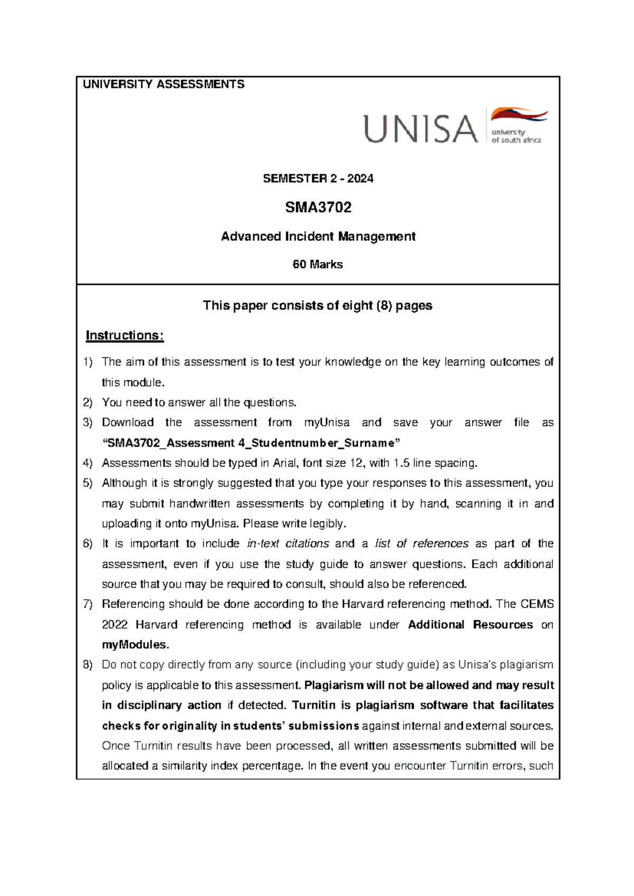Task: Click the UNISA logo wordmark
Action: click(x=421, y=129)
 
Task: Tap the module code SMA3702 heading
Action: click(x=318, y=207)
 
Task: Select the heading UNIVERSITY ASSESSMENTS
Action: click(x=164, y=85)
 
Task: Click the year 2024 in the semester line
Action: click(x=360, y=179)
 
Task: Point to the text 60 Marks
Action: click(x=318, y=264)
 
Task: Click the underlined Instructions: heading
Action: click(x=125, y=335)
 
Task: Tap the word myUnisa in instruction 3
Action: click(x=327, y=423)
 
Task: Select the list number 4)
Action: click(x=88, y=463)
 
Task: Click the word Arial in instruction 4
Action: click(x=286, y=463)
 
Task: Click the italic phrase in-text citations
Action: click(x=288, y=544)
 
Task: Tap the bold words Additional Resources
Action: click(x=470, y=624)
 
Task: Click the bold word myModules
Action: click(x=134, y=645)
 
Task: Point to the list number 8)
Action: click(x=88, y=665)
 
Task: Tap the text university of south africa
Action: click(x=516, y=136)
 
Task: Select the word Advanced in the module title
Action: click(x=251, y=236)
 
